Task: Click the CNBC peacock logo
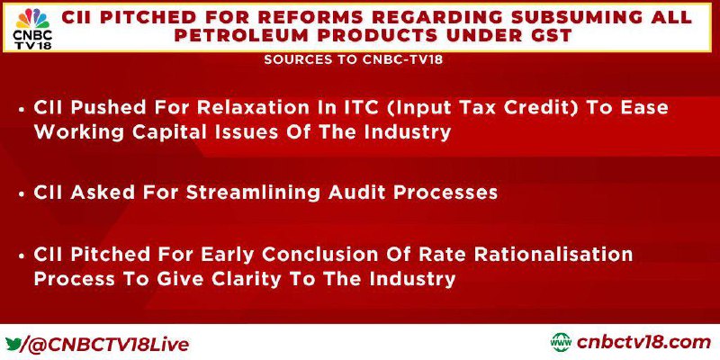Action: pyautogui.click(x=32, y=18)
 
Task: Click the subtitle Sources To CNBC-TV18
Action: pyautogui.click(x=354, y=59)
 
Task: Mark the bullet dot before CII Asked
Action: pyautogui.click(x=22, y=193)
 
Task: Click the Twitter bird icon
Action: pyautogui.click(x=13, y=343)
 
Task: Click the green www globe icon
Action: pyautogui.click(x=561, y=343)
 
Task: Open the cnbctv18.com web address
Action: pyautogui.click(x=643, y=343)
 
